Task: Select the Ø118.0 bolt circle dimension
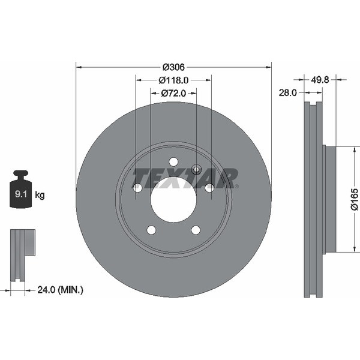tap(173, 80)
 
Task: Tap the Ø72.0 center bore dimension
tap(173, 94)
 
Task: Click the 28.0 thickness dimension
tap(289, 93)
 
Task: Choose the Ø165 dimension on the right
tap(354, 199)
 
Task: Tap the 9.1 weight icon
tap(21, 191)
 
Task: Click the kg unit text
tap(40, 195)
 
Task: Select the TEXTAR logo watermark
tap(185, 178)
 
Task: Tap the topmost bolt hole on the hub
tap(173, 161)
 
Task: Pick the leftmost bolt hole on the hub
tap(137, 188)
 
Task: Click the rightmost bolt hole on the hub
tap(209, 188)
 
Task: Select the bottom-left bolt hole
tap(151, 230)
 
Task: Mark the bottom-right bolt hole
tap(196, 230)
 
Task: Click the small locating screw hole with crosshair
tap(196, 169)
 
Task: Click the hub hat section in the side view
tap(329, 199)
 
